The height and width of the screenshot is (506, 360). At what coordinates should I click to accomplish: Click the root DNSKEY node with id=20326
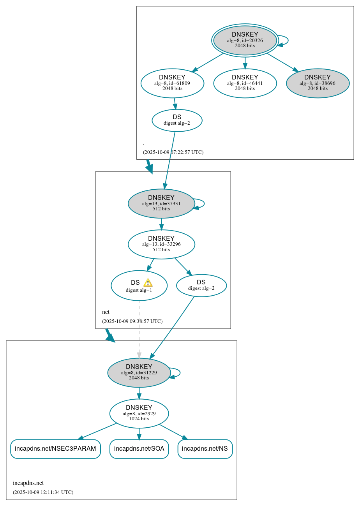(245, 40)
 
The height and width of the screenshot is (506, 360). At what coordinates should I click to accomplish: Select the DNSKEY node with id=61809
(172, 83)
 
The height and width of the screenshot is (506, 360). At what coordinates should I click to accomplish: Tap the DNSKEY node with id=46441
(245, 83)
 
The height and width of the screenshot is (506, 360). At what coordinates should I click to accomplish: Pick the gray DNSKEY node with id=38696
(318, 83)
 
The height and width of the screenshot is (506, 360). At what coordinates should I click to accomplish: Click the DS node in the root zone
(177, 120)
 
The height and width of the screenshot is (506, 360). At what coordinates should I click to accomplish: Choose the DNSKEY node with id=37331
(161, 203)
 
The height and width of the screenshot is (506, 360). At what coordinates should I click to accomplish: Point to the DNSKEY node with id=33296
(161, 244)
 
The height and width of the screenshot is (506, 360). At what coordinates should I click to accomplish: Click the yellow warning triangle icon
(148, 283)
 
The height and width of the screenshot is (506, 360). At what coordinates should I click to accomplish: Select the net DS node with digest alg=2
(201, 286)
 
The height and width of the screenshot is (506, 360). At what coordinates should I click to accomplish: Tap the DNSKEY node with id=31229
(139, 373)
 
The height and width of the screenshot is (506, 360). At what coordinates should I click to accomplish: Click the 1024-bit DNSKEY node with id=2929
(139, 413)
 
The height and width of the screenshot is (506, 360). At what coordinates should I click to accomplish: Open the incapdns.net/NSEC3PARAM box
(55, 449)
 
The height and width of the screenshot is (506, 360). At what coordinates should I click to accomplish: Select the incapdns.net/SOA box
(139, 449)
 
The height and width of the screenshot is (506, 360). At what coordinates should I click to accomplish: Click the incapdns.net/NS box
(205, 449)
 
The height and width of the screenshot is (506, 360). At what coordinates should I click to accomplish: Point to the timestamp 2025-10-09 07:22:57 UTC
(173, 152)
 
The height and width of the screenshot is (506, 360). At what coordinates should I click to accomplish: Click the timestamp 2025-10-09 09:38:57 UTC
(132, 321)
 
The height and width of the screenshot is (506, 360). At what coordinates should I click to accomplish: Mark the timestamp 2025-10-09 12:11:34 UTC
(43, 492)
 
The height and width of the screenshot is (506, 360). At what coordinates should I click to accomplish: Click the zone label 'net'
(106, 312)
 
